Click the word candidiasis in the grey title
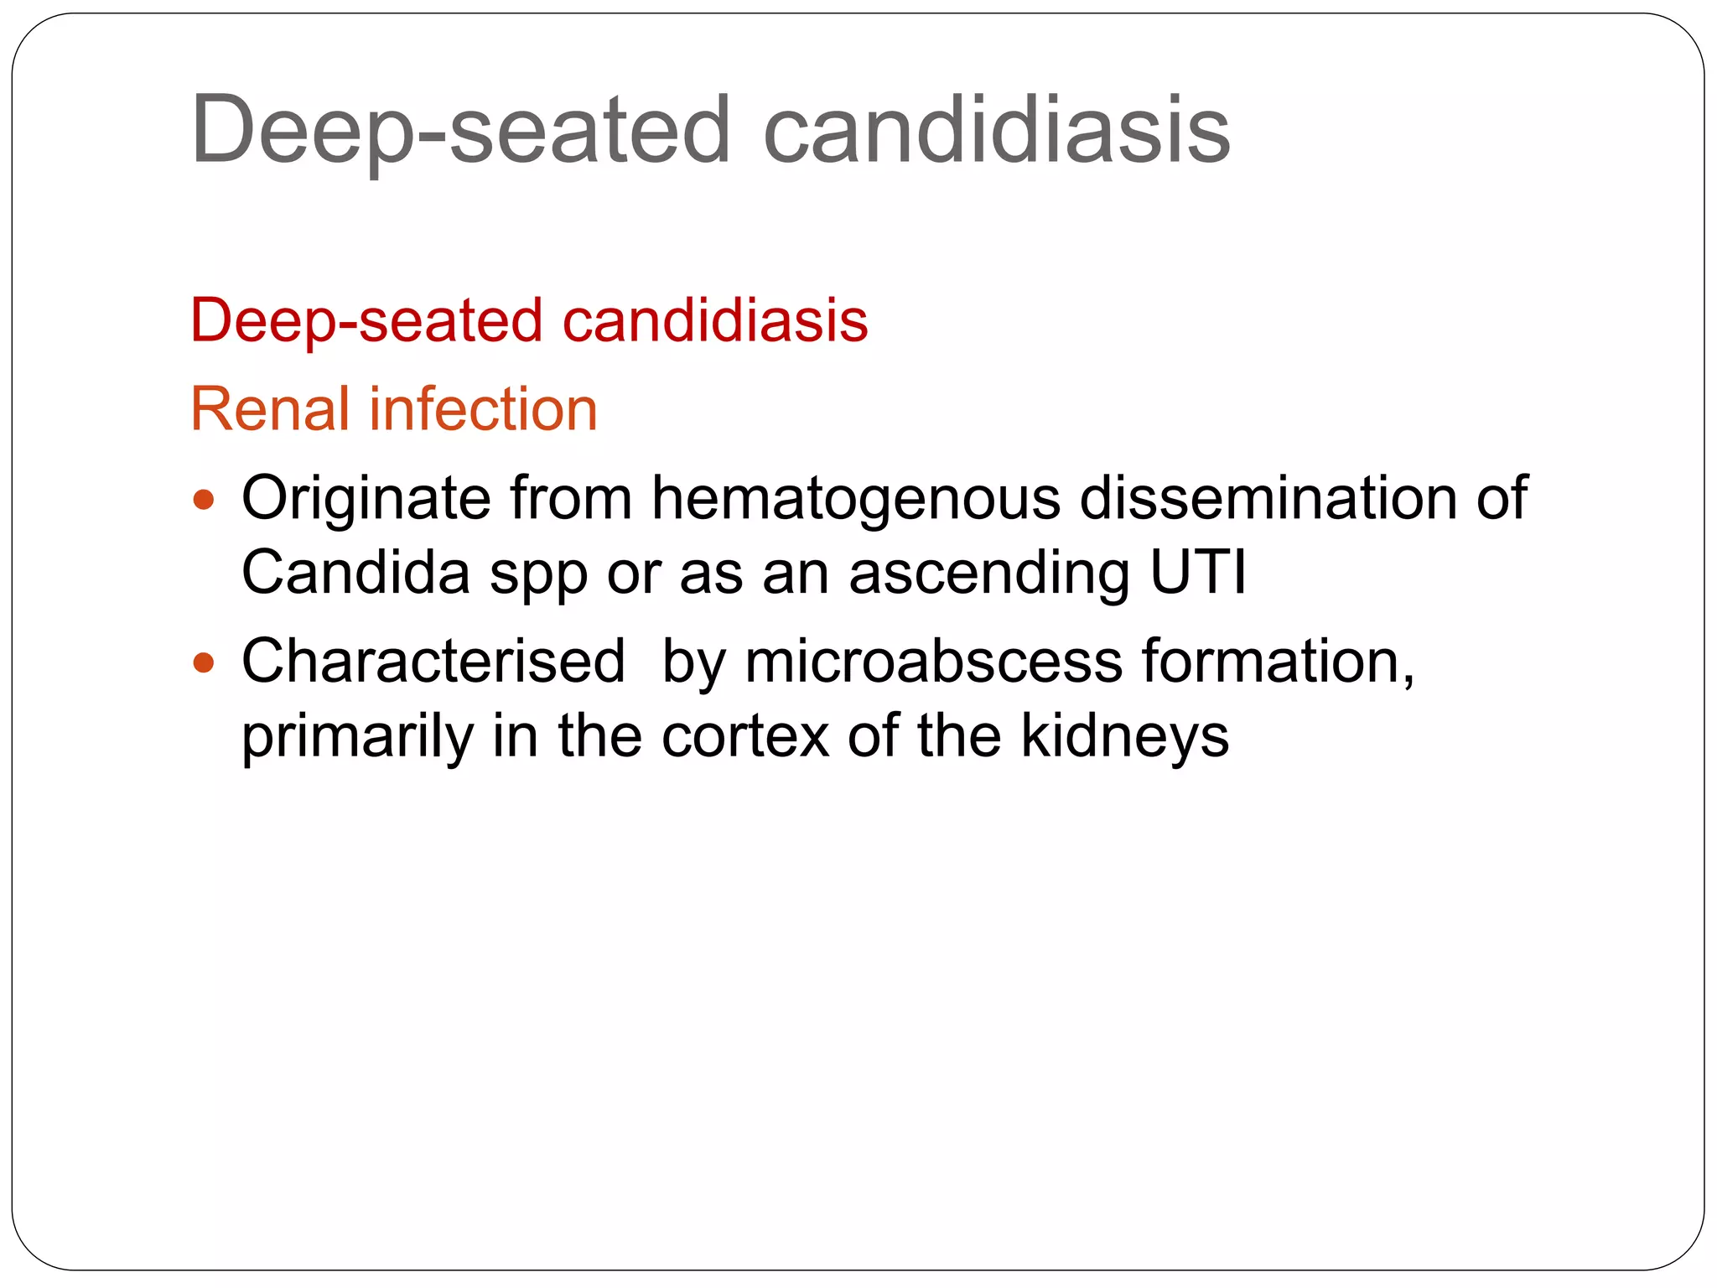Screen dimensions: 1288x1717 (996, 130)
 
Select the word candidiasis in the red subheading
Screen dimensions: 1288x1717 (714, 320)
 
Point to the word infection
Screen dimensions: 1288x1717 (484, 409)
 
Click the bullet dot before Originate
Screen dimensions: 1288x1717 (204, 501)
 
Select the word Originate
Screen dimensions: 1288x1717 (366, 499)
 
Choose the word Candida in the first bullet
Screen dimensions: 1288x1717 (355, 573)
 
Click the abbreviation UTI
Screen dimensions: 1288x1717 (1198, 573)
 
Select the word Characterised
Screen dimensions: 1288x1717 (433, 662)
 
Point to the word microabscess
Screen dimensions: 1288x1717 (933, 662)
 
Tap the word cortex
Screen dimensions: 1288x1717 (745, 736)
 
